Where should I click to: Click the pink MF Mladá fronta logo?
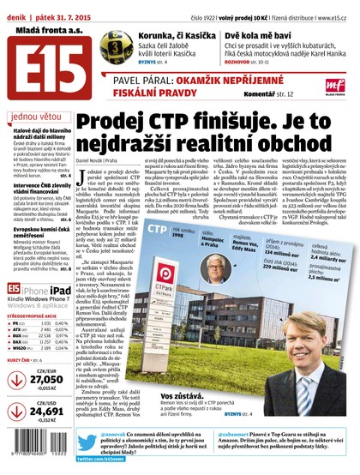tap(336, 85)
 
